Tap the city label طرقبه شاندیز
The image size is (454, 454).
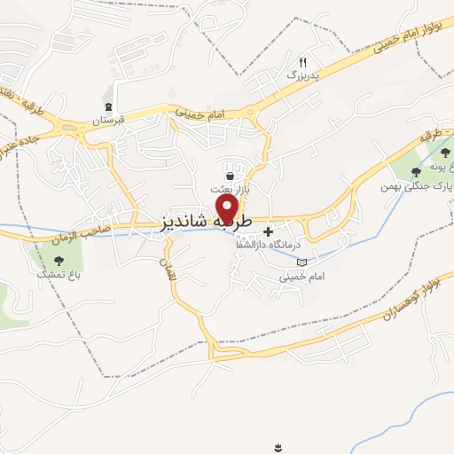tap(208, 223)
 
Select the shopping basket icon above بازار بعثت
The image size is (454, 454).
tap(231, 176)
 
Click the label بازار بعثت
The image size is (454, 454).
tap(226, 190)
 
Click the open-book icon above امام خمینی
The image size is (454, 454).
tap(302, 262)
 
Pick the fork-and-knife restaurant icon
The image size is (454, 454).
tap(303, 62)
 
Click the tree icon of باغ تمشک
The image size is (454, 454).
tap(59, 261)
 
